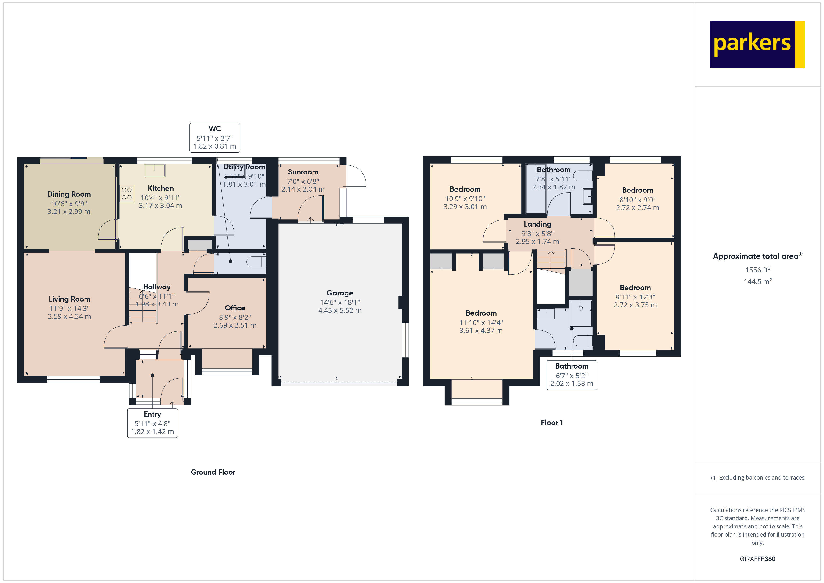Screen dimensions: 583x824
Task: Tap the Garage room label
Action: point(340,293)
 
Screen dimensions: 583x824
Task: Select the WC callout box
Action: point(215,138)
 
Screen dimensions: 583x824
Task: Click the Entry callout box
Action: point(152,423)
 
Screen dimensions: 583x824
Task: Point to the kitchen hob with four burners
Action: point(127,193)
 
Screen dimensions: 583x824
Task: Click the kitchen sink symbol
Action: point(155,171)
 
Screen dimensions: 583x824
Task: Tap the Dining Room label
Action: point(69,194)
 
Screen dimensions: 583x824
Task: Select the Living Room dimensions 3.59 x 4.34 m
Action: point(69,316)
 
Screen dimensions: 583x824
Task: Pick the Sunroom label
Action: point(303,172)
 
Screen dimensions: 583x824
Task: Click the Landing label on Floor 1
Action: point(537,224)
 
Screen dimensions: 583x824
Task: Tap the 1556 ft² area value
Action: point(757,270)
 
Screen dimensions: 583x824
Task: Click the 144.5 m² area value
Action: point(757,281)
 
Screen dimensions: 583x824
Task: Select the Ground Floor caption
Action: point(213,472)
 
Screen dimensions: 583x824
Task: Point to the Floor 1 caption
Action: point(552,423)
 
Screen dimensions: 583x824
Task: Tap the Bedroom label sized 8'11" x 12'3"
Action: point(635,288)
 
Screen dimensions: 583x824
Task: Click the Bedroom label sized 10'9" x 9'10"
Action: point(465,189)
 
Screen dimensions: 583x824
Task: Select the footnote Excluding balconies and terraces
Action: point(757,477)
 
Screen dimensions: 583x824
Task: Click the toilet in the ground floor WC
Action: point(256,262)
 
